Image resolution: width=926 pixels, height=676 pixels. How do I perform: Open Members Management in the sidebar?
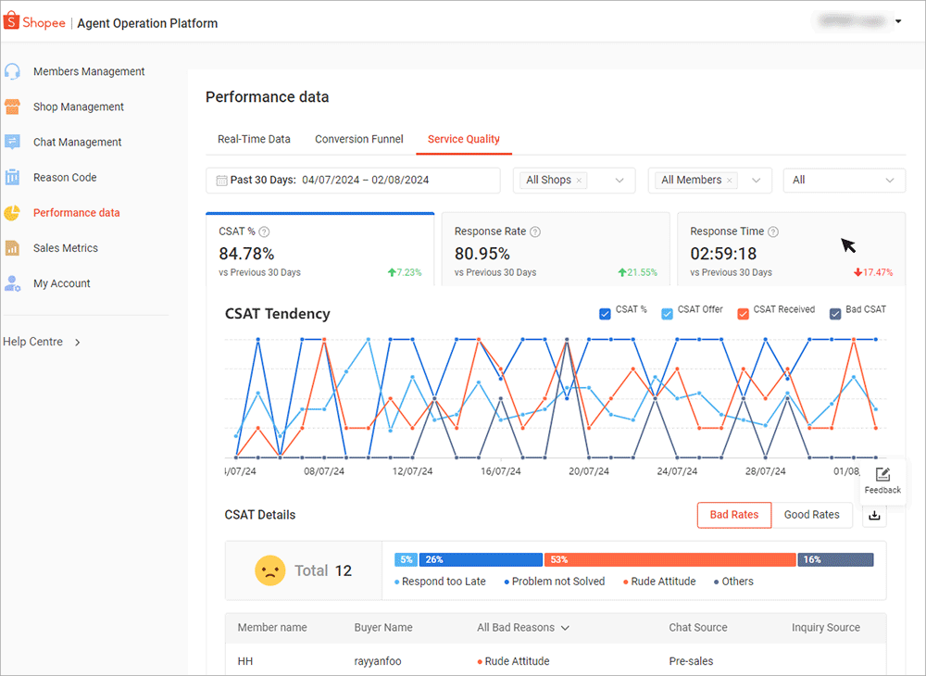pos(89,71)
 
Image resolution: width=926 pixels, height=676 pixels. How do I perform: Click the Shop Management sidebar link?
pos(79,106)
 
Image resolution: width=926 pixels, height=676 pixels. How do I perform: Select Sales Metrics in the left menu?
pos(65,248)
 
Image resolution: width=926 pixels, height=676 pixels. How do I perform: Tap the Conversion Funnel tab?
pos(359,139)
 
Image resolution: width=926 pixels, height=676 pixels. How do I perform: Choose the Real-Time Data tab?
pos(254,139)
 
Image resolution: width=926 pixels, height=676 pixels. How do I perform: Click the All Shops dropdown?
pos(574,181)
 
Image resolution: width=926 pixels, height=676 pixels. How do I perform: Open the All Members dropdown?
pos(709,181)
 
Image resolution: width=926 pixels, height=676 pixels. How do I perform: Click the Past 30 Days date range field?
pos(353,181)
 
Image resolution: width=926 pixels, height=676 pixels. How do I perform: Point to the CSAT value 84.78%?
pos(246,253)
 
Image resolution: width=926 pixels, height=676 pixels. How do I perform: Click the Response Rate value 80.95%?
pos(482,253)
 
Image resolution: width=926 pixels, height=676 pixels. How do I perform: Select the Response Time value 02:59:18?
pos(723,253)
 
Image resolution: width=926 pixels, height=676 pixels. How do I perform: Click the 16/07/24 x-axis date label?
pos(500,471)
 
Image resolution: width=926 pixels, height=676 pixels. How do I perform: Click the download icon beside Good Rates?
pos(874,516)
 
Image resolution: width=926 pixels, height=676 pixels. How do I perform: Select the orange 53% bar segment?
pos(669,559)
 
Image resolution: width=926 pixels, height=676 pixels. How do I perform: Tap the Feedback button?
pos(882,480)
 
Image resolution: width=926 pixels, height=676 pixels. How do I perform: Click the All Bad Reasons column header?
pos(522,628)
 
